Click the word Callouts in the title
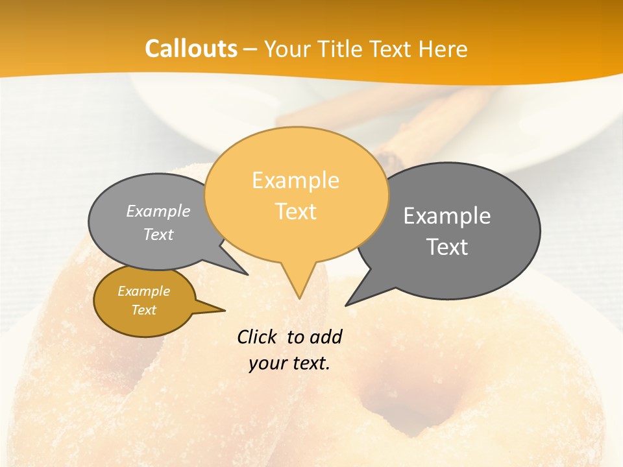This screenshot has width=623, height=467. [191, 49]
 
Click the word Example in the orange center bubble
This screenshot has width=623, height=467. [295, 180]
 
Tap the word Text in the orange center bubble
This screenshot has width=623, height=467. [295, 211]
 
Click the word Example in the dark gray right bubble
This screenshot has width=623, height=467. [446, 216]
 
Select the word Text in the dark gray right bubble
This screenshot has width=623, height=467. [446, 247]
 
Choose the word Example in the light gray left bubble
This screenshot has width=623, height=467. [158, 211]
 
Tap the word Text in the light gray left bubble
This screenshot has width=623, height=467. [158, 234]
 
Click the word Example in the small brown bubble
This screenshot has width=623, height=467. [143, 291]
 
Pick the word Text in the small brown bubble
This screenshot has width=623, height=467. [143, 310]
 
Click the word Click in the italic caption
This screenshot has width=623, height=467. [258, 337]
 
